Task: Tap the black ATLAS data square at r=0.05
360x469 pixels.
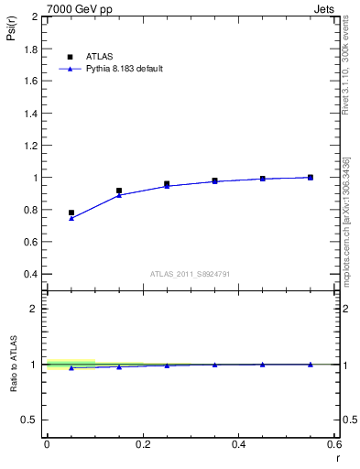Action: pyautogui.click(x=71, y=213)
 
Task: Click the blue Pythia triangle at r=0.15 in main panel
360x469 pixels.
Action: pyautogui.click(x=119, y=195)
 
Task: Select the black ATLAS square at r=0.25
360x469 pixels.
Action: pyautogui.click(x=167, y=184)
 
